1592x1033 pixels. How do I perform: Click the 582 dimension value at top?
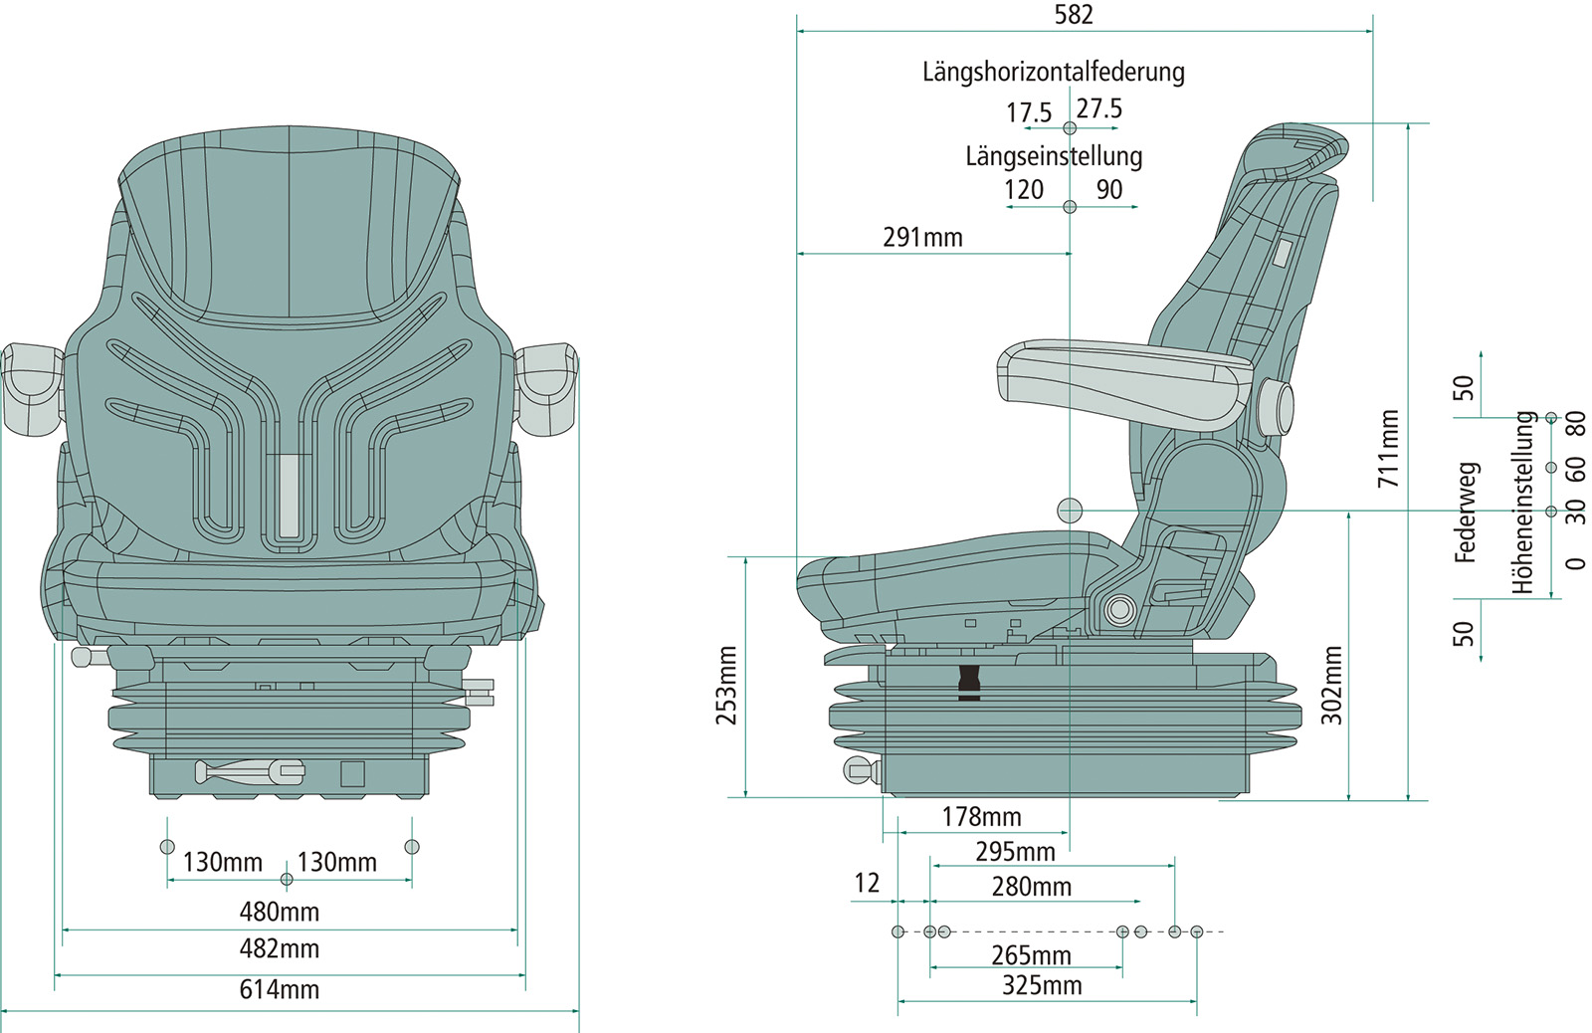point(1074,15)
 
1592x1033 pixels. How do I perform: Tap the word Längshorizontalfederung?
point(1053,72)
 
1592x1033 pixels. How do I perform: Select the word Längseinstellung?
point(1054,156)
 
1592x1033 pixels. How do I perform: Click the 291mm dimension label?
point(922,238)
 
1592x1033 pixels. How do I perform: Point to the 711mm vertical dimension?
point(1388,449)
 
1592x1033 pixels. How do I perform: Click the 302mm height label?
point(1332,685)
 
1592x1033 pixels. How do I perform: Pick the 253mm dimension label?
point(727,686)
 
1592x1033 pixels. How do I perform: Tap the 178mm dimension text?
point(981,817)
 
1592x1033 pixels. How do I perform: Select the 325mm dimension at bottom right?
point(1041,985)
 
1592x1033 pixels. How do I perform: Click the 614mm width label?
point(280,989)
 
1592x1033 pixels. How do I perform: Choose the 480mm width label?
point(280,912)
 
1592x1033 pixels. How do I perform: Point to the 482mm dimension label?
point(280,948)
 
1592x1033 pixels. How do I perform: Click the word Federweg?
point(1466,513)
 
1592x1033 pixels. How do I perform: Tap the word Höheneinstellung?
point(1523,503)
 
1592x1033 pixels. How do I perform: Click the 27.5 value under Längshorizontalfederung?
point(1099,108)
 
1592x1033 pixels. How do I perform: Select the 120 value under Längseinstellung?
point(1024,189)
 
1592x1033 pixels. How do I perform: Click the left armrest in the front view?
point(32,388)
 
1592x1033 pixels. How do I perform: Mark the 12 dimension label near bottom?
point(867,883)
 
